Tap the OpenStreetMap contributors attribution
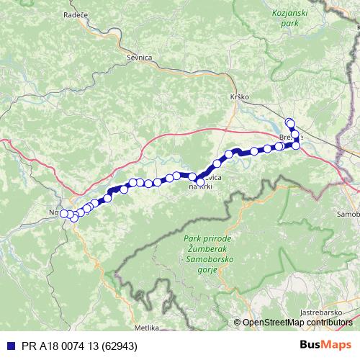297,323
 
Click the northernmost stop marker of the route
289,122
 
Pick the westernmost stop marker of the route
63,213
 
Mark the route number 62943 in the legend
120,345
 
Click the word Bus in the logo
311,345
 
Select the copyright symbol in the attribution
237,323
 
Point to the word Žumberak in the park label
199,248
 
